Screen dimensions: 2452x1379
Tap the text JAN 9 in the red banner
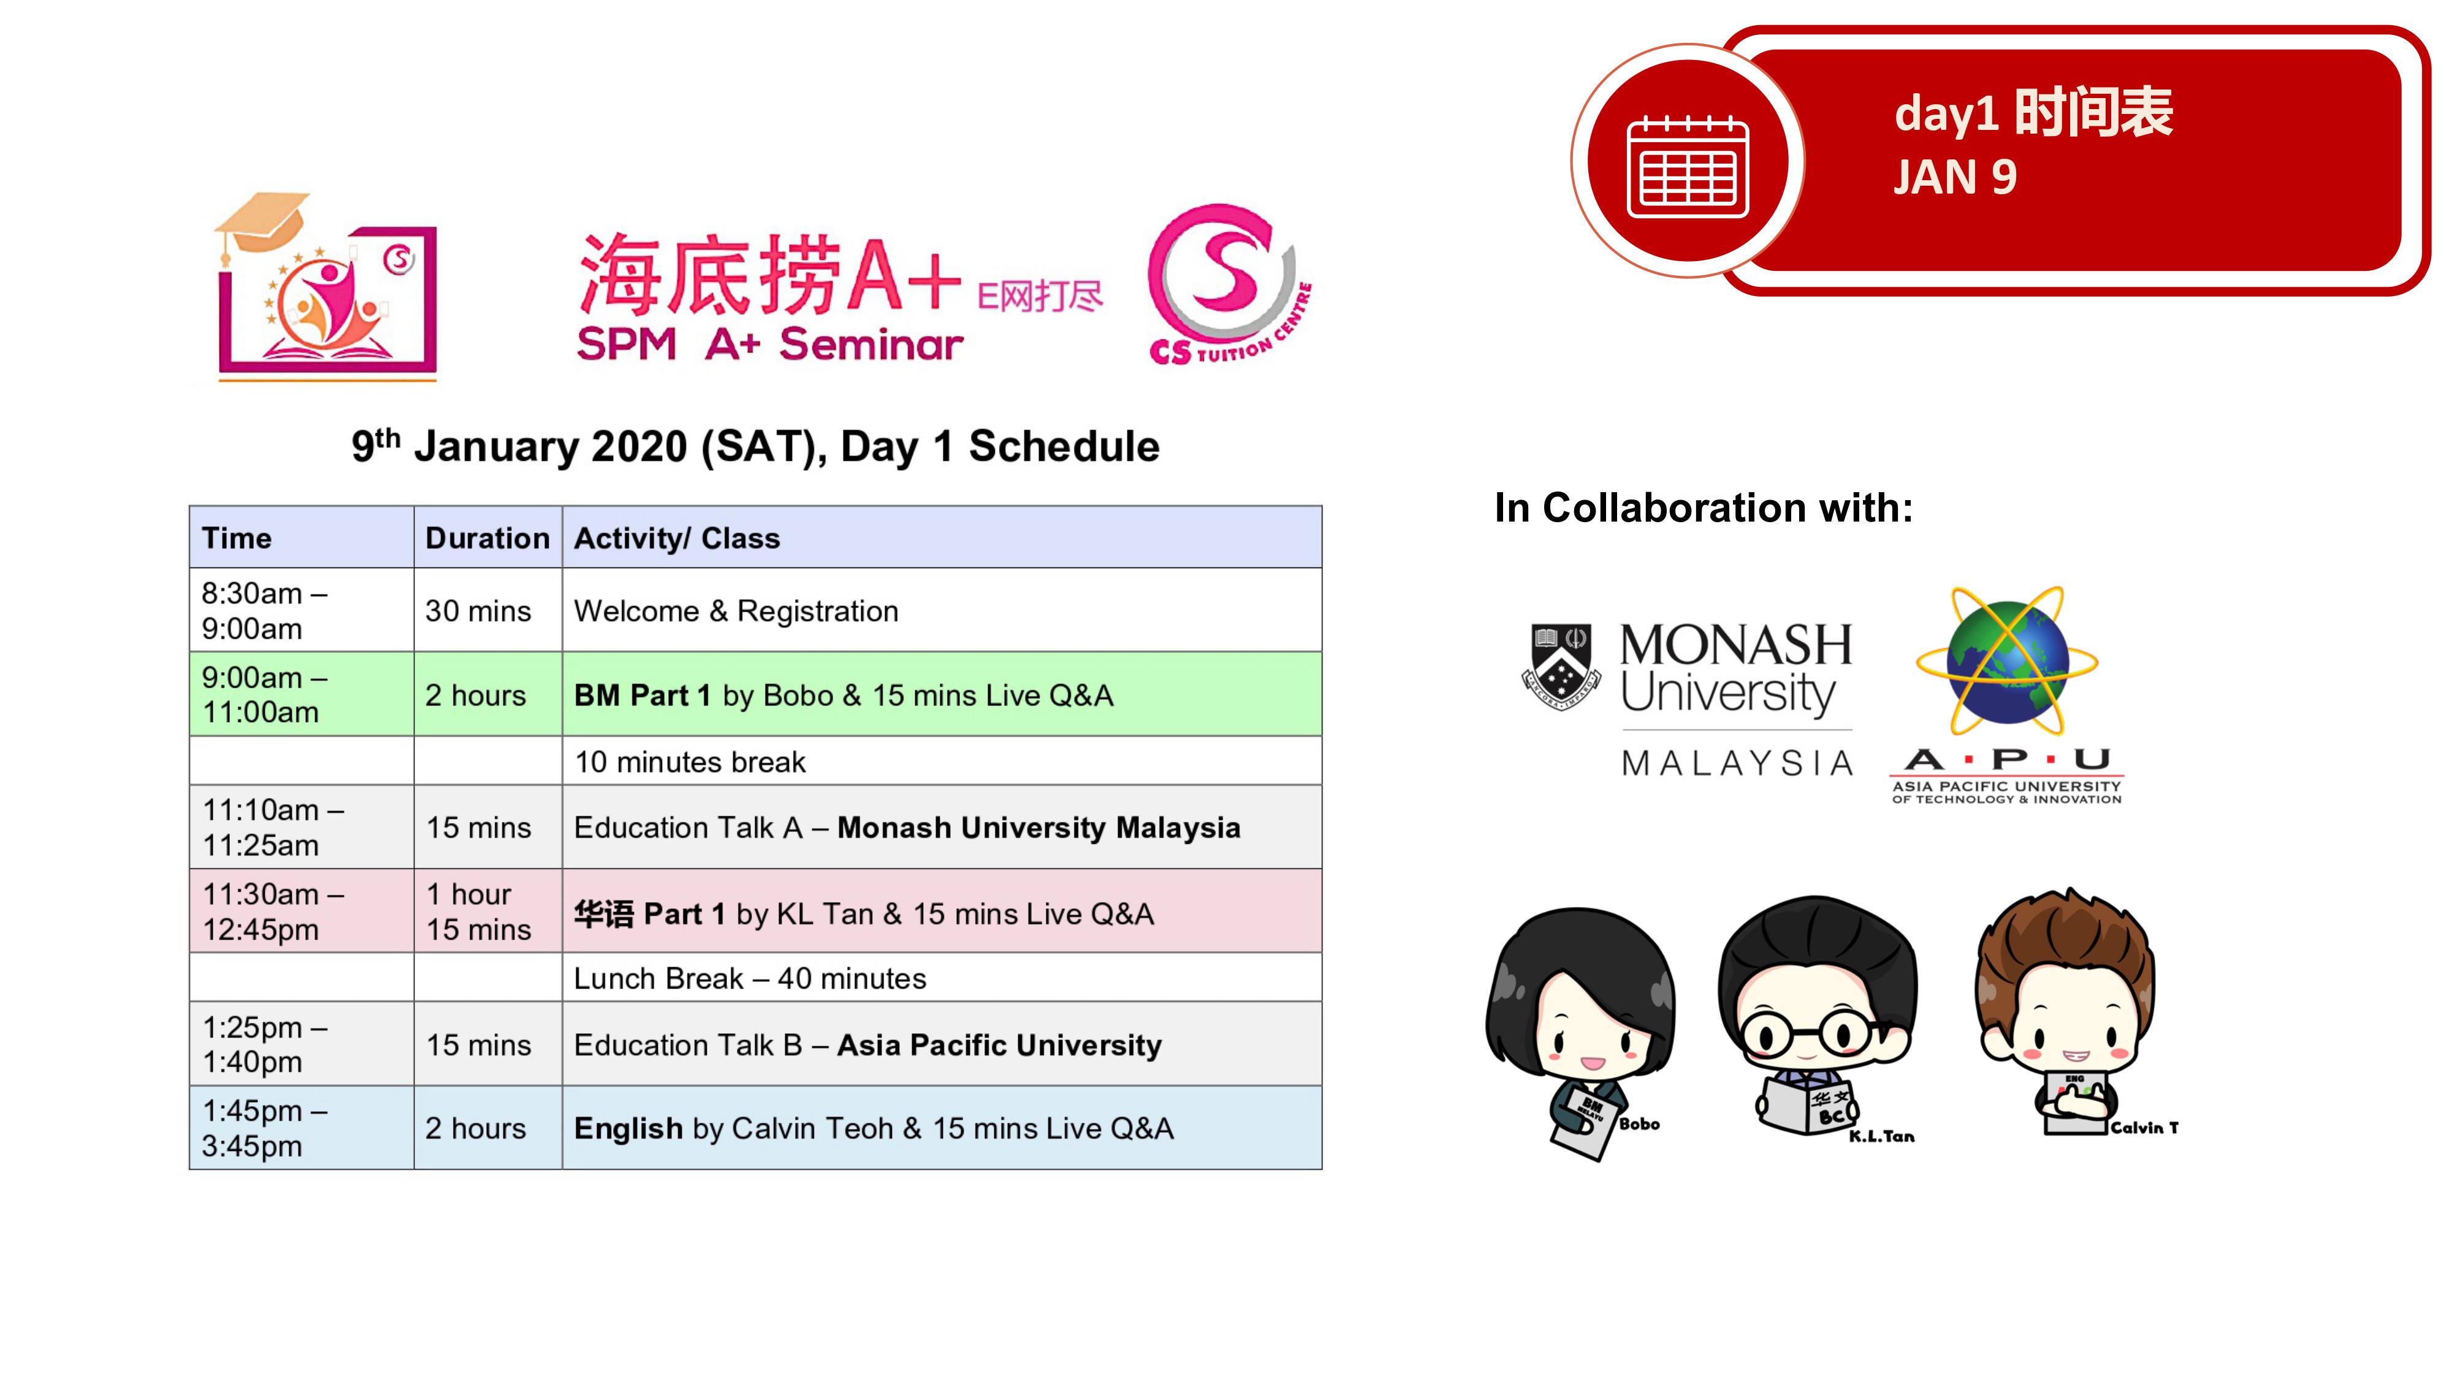point(1955,177)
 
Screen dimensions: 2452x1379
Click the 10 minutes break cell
point(942,761)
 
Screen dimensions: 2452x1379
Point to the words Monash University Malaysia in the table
point(1038,828)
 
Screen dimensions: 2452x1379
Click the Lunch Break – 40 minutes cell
point(942,978)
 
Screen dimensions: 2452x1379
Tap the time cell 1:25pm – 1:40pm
point(302,1044)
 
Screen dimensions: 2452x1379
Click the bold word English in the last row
point(628,1129)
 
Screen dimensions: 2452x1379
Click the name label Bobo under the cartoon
point(1639,1124)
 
